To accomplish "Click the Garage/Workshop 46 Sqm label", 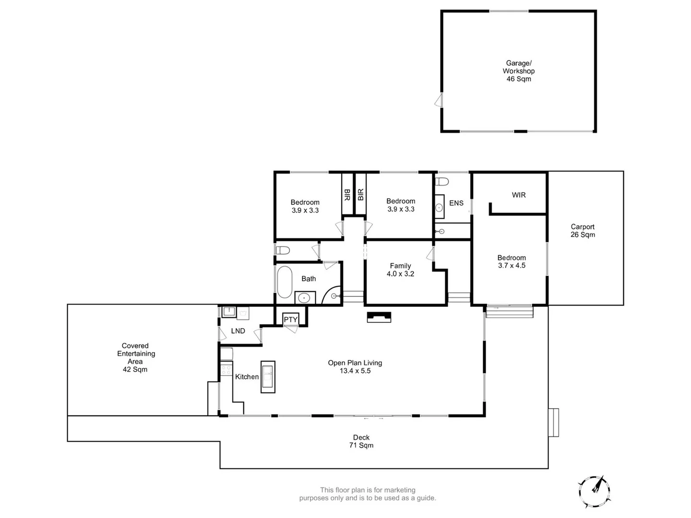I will point(518,71).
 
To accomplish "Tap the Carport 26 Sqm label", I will point(583,231).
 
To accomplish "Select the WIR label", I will point(519,195).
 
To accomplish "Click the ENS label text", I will point(456,203).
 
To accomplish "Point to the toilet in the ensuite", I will point(442,182).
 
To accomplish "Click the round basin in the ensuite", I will point(440,208).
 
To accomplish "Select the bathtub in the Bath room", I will point(285,282).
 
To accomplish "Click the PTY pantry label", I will point(290,319).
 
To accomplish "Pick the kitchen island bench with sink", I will point(268,377).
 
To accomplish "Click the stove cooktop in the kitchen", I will point(226,370).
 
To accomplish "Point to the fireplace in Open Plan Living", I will point(379,317).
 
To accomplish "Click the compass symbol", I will point(595,491).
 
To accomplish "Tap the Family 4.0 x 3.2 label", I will point(400,270).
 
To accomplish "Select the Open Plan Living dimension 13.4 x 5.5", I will point(355,371).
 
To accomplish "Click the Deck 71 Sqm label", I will point(361,441).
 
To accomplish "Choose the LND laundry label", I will point(238,331).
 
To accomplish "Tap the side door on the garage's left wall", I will point(438,101).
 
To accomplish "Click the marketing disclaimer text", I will point(368,494).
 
